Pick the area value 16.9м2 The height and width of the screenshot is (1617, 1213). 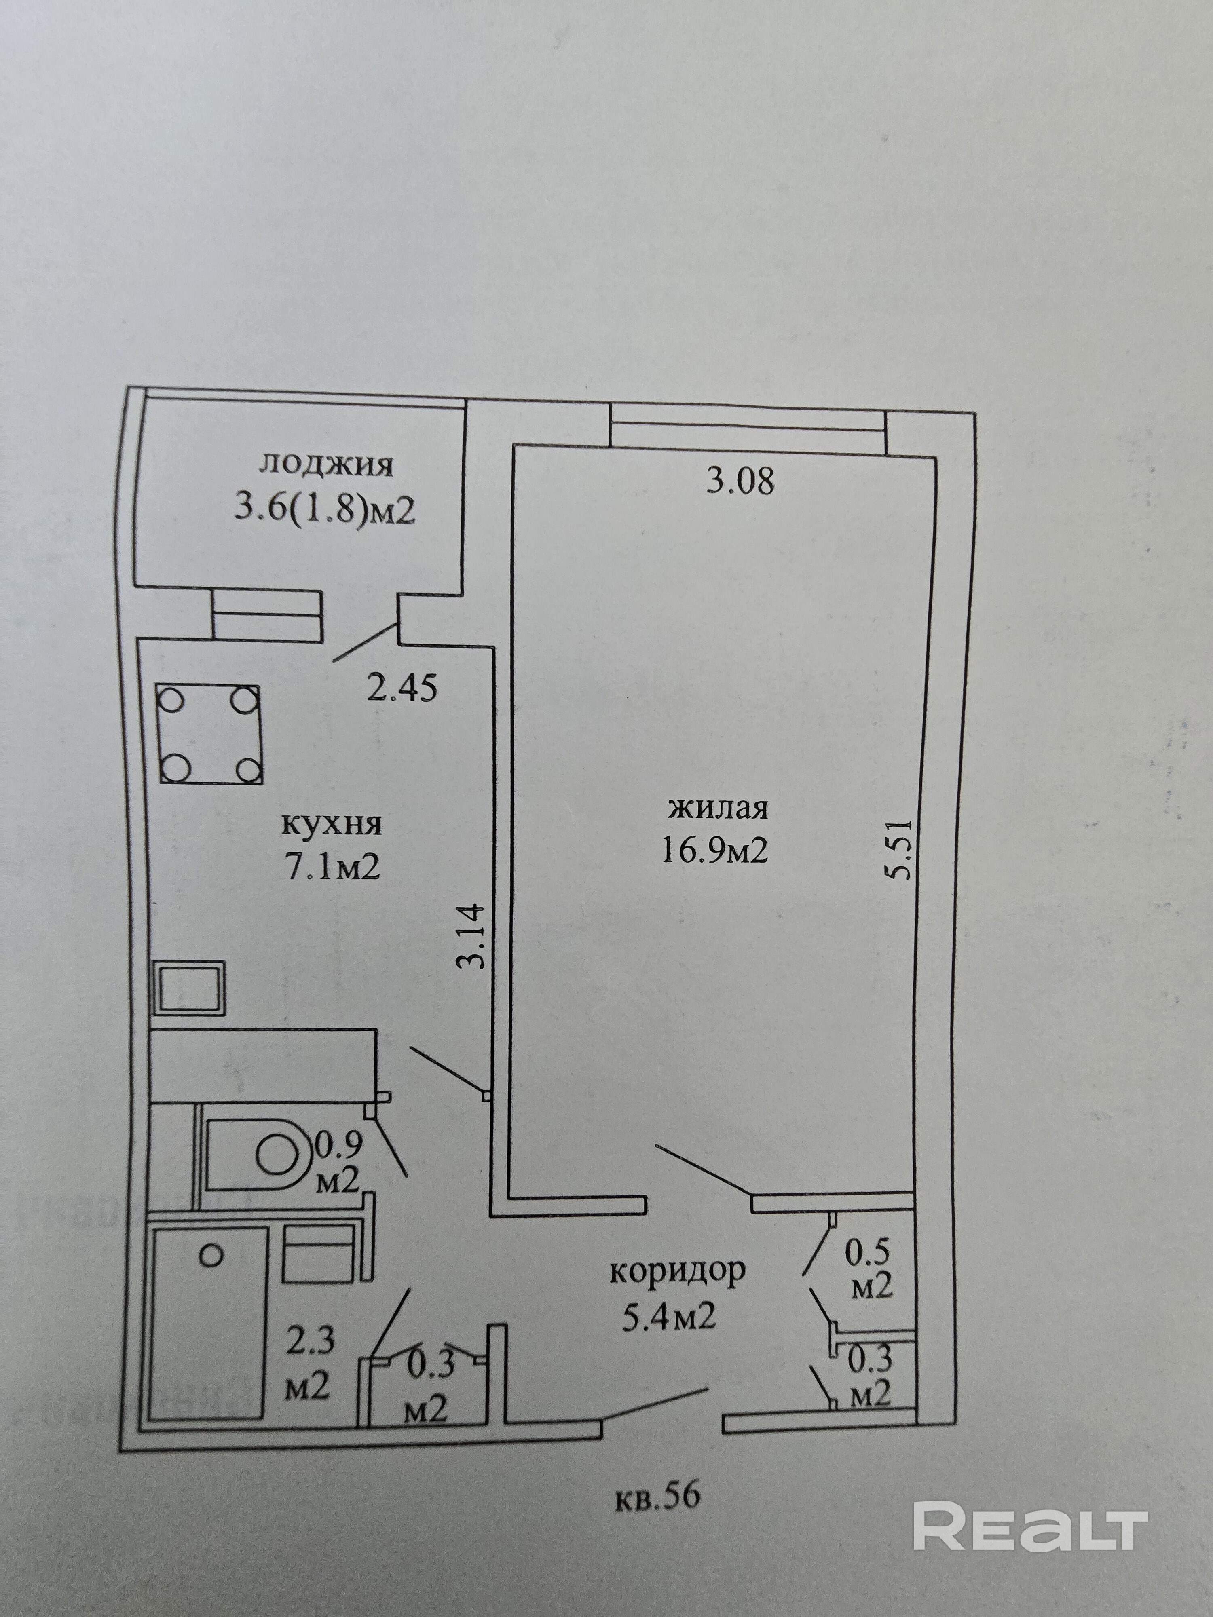714,851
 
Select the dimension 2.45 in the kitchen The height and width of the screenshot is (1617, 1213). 402,688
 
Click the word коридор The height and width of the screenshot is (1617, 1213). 677,1271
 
